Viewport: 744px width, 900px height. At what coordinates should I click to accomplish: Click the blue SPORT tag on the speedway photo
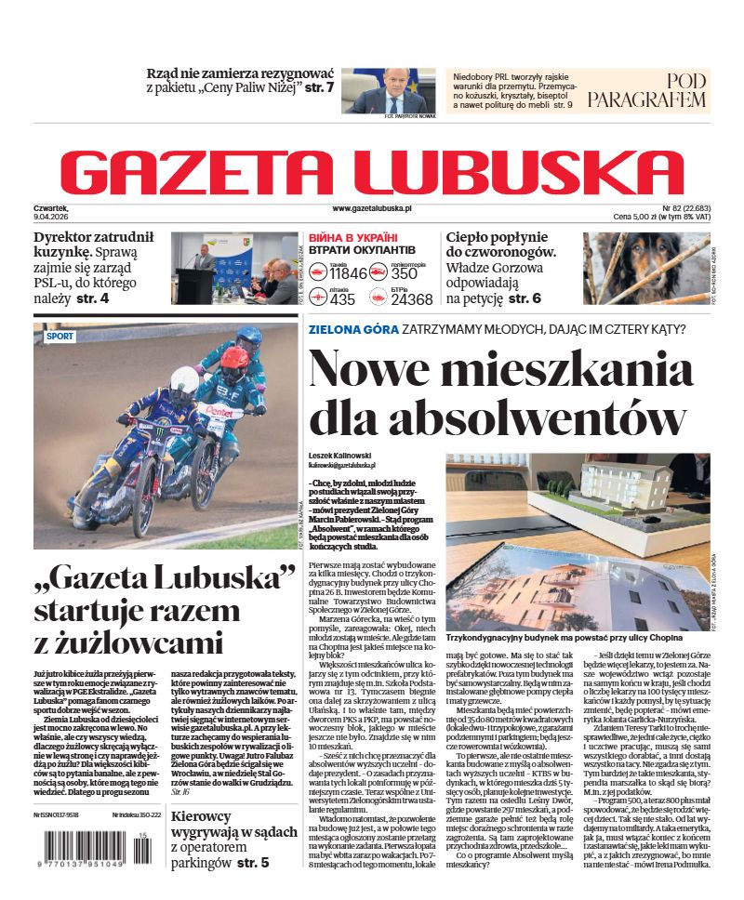point(60,337)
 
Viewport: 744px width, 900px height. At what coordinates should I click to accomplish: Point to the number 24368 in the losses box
point(411,299)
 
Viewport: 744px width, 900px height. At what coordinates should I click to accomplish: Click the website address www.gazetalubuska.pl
point(371,210)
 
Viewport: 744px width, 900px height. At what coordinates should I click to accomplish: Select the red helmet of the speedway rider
point(233,358)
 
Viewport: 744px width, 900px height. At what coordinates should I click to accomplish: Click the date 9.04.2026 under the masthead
point(57,217)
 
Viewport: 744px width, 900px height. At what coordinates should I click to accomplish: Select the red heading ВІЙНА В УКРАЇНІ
point(352,238)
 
